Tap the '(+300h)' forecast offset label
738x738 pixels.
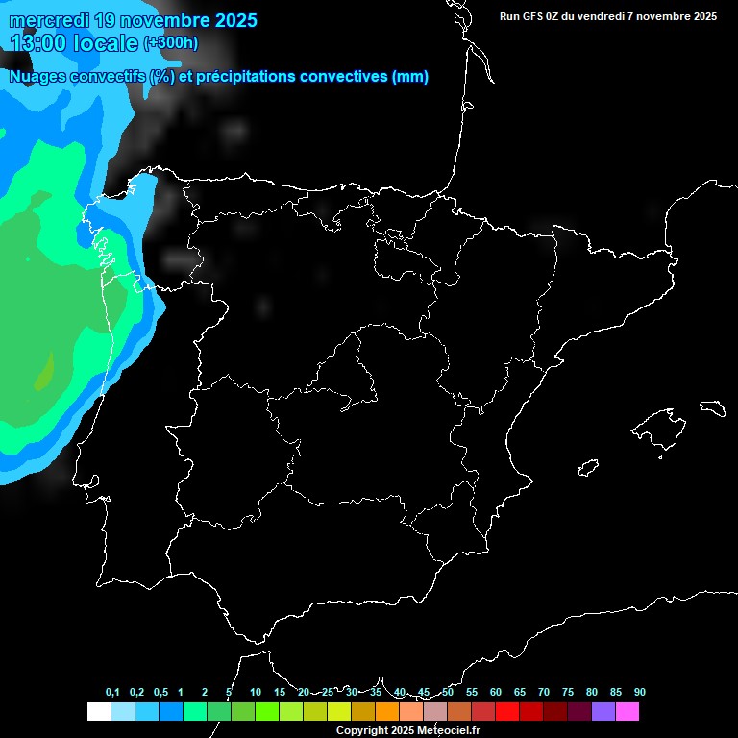pyautogui.click(x=171, y=42)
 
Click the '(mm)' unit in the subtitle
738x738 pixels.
pyautogui.click(x=410, y=77)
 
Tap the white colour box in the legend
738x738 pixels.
pyautogui.click(x=98, y=711)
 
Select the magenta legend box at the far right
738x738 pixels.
pyautogui.click(x=627, y=711)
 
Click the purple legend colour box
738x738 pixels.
pyautogui.click(x=603, y=711)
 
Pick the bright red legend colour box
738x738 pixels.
pyautogui.click(x=506, y=711)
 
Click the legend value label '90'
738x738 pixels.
pyautogui.click(x=640, y=692)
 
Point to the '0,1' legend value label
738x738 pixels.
pyautogui.click(x=112, y=692)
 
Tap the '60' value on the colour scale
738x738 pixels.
pyautogui.click(x=496, y=692)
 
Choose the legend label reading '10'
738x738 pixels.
pyautogui.click(x=256, y=692)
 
